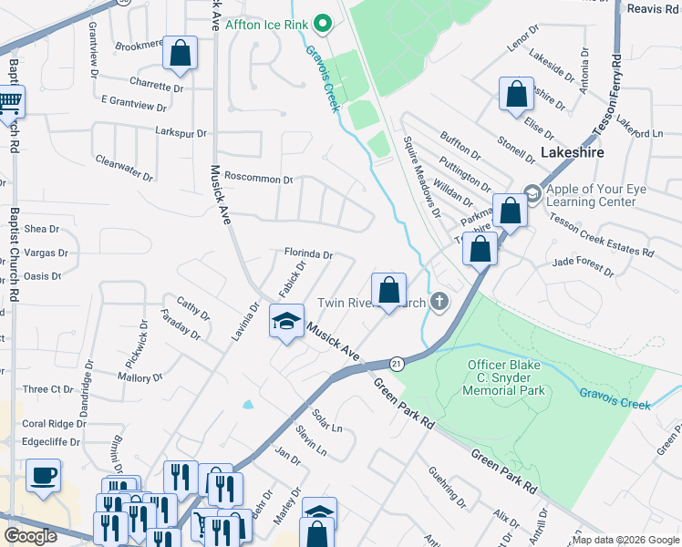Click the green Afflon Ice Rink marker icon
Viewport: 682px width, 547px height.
pyautogui.click(x=321, y=22)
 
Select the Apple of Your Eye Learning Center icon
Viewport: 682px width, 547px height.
pyautogui.click(x=532, y=193)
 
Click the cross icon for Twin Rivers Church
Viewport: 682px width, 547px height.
pyautogui.click(x=440, y=302)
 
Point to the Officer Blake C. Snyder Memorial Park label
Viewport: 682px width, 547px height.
pyautogui.click(x=506, y=377)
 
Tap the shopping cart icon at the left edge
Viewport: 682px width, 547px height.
pyautogui.click(x=9, y=102)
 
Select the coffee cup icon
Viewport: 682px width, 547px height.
pyautogui.click(x=43, y=476)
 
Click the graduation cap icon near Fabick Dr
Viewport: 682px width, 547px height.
pyautogui.click(x=286, y=322)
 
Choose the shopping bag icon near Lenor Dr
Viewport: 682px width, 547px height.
pyautogui.click(x=516, y=93)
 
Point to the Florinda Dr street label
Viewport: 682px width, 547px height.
pyautogui.click(x=307, y=255)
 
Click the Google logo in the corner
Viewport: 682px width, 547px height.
pyautogui.click(x=31, y=535)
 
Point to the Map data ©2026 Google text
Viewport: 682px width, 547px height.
pyautogui.click(x=625, y=540)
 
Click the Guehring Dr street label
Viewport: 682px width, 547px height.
pyautogui.click(x=448, y=488)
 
